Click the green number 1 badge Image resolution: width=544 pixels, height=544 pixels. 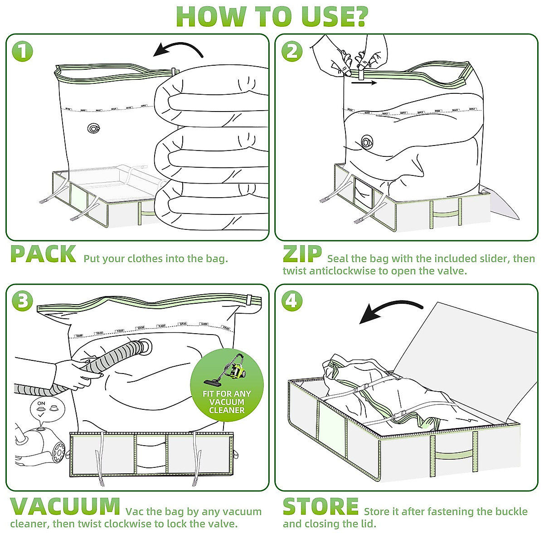click(22, 51)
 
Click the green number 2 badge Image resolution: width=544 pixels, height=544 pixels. click(292, 51)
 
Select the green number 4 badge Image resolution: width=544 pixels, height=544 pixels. click(292, 301)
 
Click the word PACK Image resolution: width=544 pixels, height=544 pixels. click(43, 254)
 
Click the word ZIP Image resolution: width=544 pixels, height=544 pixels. click(302, 254)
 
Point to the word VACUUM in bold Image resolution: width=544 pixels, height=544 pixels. click(65, 506)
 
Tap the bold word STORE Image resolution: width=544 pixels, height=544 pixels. click(321, 506)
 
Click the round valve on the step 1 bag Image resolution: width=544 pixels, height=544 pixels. click(93, 129)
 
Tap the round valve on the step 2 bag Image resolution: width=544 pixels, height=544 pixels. click(367, 142)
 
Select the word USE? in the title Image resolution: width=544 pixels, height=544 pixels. click(322, 16)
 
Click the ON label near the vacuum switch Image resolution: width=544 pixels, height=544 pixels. click(41, 403)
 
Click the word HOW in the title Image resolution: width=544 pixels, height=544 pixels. click(210, 16)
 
